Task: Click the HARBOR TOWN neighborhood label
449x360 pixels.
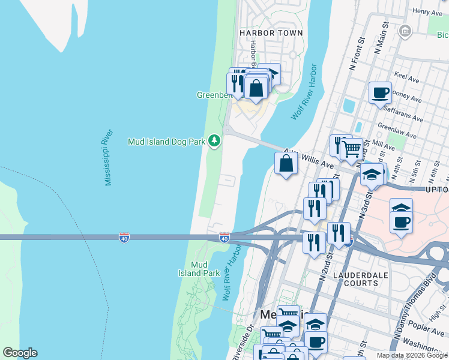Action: pos(271,32)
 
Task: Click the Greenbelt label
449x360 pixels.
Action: pos(213,95)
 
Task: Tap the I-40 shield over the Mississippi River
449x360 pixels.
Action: pos(124,238)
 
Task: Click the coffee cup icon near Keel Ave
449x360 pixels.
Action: pos(380,93)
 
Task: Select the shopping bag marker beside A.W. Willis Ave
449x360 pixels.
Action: pos(286,163)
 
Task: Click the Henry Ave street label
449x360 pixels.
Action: pos(427,12)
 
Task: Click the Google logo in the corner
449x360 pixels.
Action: pos(20,353)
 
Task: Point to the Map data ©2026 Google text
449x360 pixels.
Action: pos(412,355)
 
